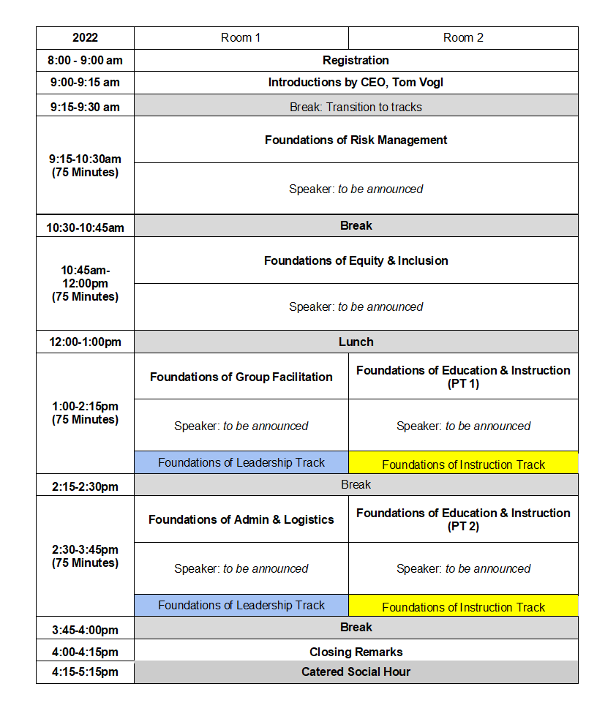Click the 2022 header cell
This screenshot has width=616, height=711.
[x=85, y=38]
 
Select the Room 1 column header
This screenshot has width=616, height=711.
[x=241, y=38]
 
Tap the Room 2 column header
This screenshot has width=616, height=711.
[x=463, y=38]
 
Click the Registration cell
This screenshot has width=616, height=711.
[x=356, y=61]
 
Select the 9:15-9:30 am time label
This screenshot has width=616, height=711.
[x=85, y=107]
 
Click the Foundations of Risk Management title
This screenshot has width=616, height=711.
[x=356, y=140]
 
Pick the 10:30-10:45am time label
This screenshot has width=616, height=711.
[x=85, y=227]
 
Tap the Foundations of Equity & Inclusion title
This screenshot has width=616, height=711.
[x=356, y=260]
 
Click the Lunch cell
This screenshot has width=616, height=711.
[x=356, y=342]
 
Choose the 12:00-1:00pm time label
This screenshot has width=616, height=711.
[x=85, y=342]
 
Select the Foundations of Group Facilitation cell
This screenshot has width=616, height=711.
[x=241, y=377]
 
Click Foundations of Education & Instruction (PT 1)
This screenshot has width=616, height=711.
[x=463, y=377]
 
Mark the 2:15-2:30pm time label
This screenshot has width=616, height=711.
[x=85, y=486]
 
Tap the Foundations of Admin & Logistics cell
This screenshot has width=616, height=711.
[x=241, y=519]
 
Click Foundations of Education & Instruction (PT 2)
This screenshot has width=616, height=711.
[x=463, y=519]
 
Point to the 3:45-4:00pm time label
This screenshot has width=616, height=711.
[x=85, y=629]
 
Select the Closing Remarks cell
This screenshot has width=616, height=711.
[x=356, y=651]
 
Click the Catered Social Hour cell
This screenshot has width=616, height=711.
[x=356, y=671]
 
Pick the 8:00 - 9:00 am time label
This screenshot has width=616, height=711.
[x=85, y=61]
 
